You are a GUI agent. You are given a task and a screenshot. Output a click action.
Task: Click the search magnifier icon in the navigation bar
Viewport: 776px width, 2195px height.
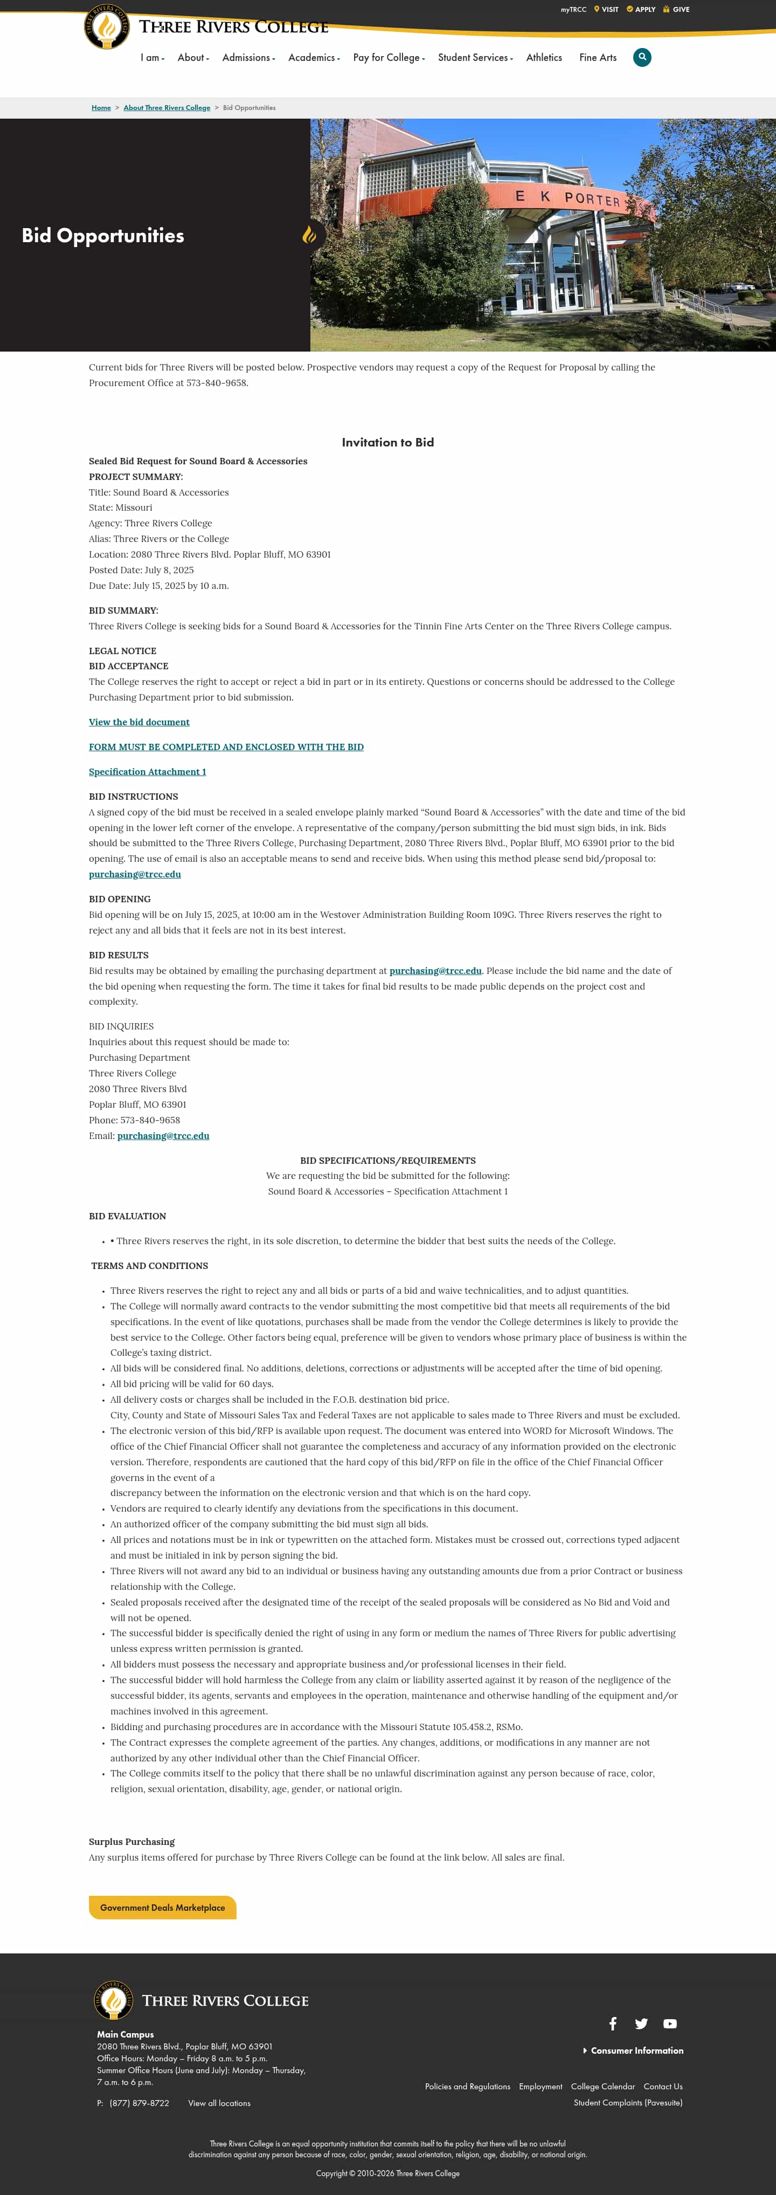coord(642,57)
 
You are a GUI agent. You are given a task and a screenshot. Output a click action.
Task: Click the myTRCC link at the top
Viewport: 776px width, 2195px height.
coord(573,9)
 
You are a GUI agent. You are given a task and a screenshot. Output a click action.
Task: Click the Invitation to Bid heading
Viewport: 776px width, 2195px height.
coord(387,442)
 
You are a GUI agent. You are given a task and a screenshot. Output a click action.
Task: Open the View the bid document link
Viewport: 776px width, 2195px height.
coord(139,722)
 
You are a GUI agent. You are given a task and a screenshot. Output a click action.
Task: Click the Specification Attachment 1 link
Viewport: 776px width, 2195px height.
coord(147,772)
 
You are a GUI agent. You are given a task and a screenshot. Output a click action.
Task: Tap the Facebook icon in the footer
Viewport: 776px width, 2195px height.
coord(613,2023)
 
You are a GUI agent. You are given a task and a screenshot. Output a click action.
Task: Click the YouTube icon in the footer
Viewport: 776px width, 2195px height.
coord(670,2023)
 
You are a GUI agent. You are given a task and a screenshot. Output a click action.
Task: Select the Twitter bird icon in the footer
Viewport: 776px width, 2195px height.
coord(641,2023)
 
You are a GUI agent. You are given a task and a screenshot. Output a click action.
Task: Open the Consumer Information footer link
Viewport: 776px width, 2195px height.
coord(636,2050)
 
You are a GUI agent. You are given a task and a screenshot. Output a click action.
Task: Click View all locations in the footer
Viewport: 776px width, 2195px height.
coord(219,2103)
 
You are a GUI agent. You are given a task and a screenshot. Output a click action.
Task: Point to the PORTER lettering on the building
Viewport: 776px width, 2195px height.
coord(592,200)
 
